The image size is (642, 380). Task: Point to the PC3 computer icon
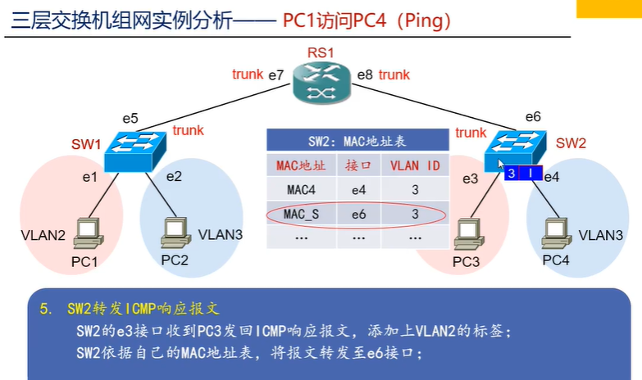(x=467, y=233)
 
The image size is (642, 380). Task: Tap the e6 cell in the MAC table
(x=358, y=214)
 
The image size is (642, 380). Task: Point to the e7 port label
(x=275, y=76)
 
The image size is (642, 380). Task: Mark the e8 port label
(x=365, y=76)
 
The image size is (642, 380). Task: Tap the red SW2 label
(x=571, y=142)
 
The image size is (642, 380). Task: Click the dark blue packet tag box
(x=521, y=174)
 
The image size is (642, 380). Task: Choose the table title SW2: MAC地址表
(x=357, y=140)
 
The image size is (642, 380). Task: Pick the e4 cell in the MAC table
(x=358, y=189)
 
